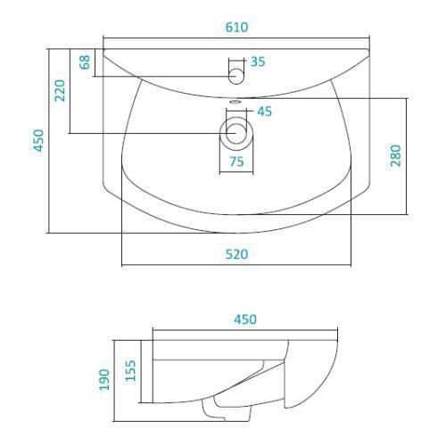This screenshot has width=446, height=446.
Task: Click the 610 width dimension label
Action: point(236,28)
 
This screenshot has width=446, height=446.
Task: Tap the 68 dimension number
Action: point(85,62)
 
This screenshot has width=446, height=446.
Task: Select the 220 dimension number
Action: point(60,90)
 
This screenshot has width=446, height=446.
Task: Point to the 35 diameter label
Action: point(258,62)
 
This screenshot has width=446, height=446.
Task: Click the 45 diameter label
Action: point(264,111)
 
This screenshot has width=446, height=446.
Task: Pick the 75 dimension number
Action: point(236,161)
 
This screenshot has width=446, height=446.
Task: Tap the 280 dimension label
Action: point(396,155)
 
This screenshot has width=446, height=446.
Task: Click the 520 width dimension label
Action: point(236,254)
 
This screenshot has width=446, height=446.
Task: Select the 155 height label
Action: point(130,370)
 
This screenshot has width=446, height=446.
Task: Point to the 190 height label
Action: point(104,380)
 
